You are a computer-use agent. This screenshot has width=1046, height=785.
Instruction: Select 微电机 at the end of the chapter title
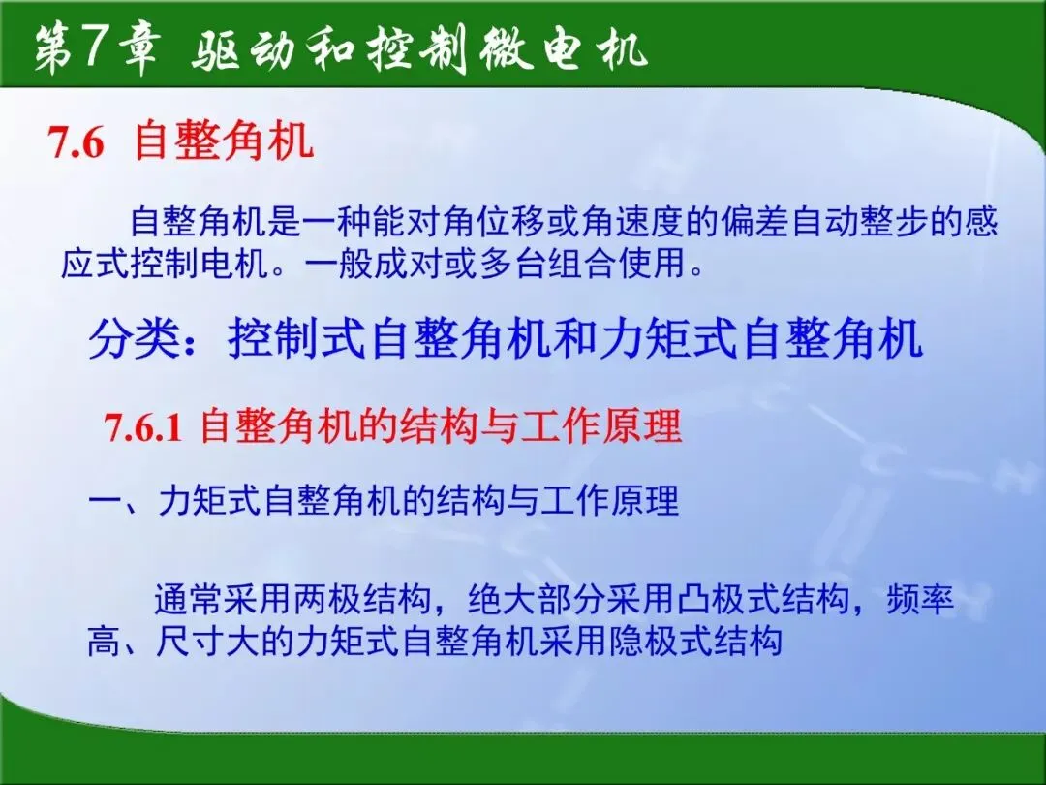pyautogui.click(x=563, y=49)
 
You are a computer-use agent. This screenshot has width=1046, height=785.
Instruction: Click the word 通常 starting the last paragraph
pyautogui.click(x=188, y=599)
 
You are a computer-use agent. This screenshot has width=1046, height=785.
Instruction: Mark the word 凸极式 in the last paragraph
pyautogui.click(x=727, y=599)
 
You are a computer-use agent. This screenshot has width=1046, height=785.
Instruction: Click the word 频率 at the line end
pyautogui.click(x=920, y=599)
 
